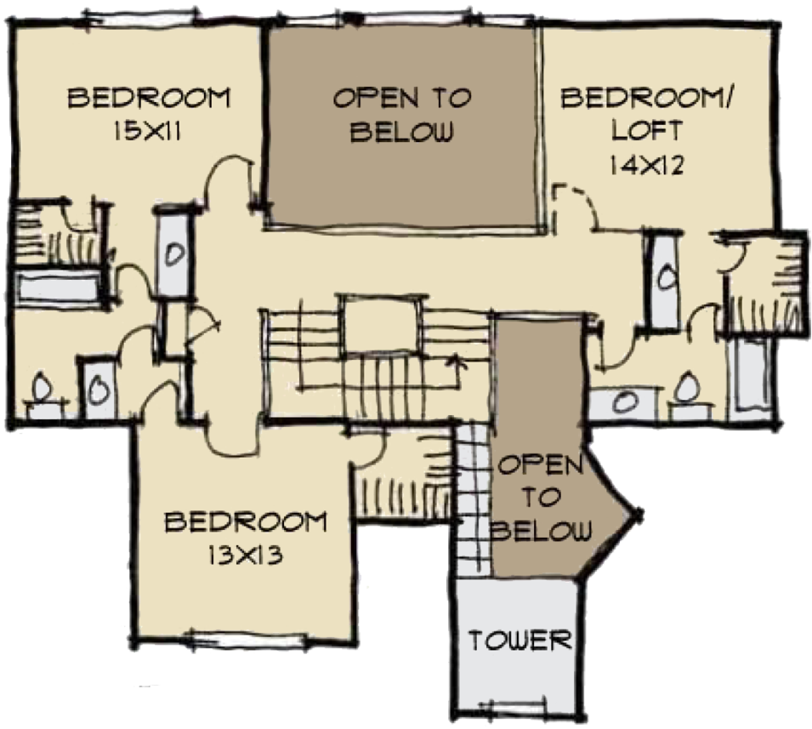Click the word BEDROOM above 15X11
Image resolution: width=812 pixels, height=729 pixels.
148,98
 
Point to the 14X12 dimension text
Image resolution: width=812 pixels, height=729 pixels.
647,163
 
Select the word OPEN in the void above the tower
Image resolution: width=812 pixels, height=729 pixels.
540,466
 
